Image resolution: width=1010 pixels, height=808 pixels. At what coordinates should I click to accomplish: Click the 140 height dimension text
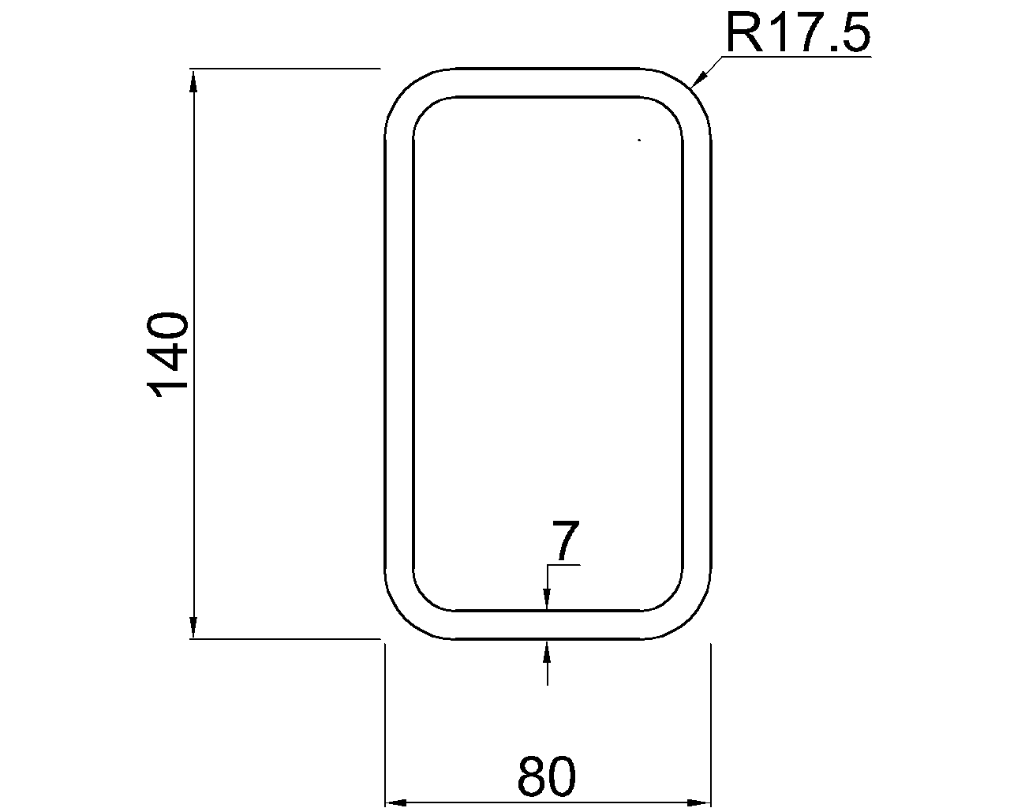[167, 354]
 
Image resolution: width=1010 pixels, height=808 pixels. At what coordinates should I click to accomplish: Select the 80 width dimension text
[547, 776]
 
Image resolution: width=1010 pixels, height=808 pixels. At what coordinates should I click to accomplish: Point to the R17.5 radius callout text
[797, 33]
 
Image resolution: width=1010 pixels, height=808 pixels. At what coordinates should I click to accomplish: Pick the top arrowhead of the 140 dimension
[193, 80]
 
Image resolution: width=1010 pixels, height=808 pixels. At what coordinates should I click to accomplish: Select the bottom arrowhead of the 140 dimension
[193, 629]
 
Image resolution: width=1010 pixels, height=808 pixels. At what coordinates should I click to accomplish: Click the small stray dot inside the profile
[639, 140]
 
